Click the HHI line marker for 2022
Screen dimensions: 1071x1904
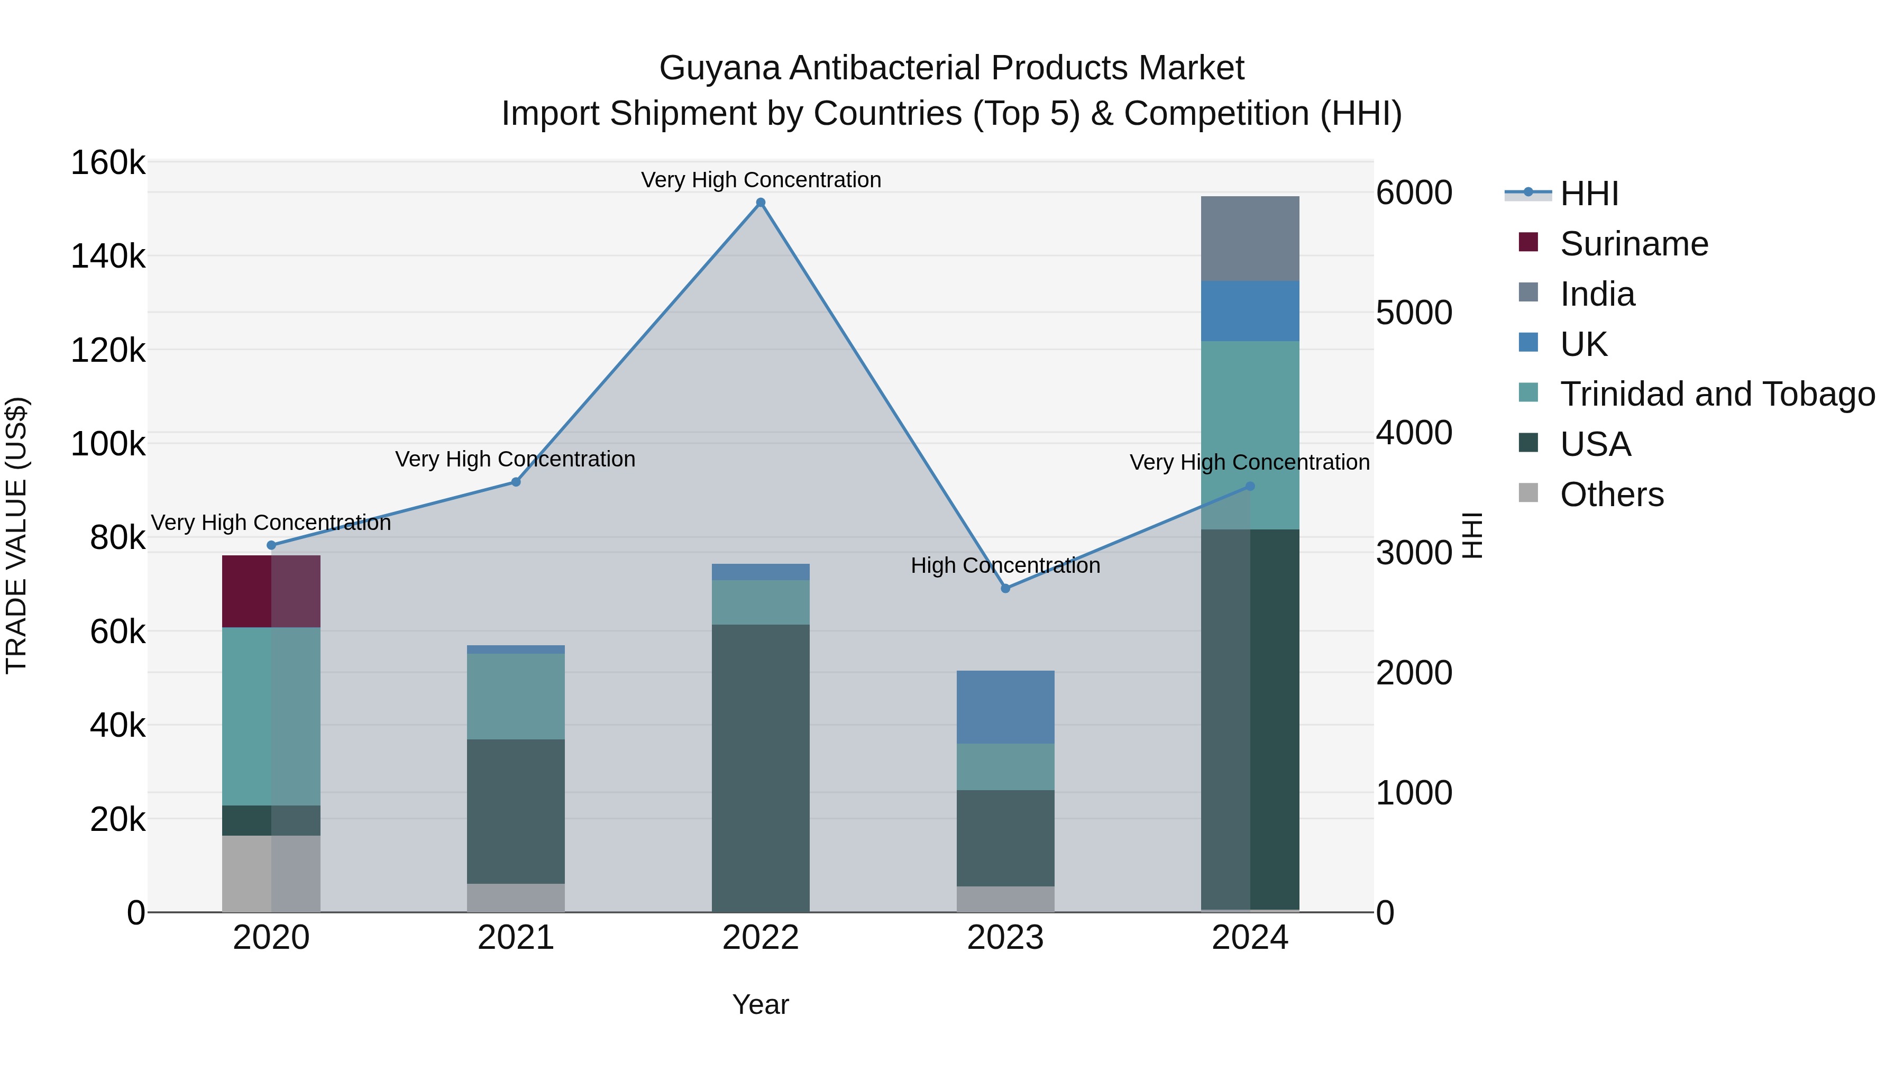tap(761, 203)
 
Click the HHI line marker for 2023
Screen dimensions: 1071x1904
tap(1005, 588)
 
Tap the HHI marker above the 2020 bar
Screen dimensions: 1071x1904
tap(271, 545)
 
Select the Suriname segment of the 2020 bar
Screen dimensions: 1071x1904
tap(271, 591)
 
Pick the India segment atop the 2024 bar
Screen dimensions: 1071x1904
tap(1250, 238)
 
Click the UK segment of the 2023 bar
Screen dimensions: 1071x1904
tap(1005, 707)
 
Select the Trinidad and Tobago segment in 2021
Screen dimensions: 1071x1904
tap(516, 695)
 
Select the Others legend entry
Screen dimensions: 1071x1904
tap(1612, 495)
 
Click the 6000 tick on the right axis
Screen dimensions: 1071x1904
tap(1414, 193)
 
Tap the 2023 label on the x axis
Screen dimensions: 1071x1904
tap(1005, 938)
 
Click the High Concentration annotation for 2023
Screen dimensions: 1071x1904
tap(1005, 565)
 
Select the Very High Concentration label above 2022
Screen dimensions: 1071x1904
tap(761, 180)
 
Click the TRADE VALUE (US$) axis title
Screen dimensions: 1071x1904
tap(16, 535)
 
